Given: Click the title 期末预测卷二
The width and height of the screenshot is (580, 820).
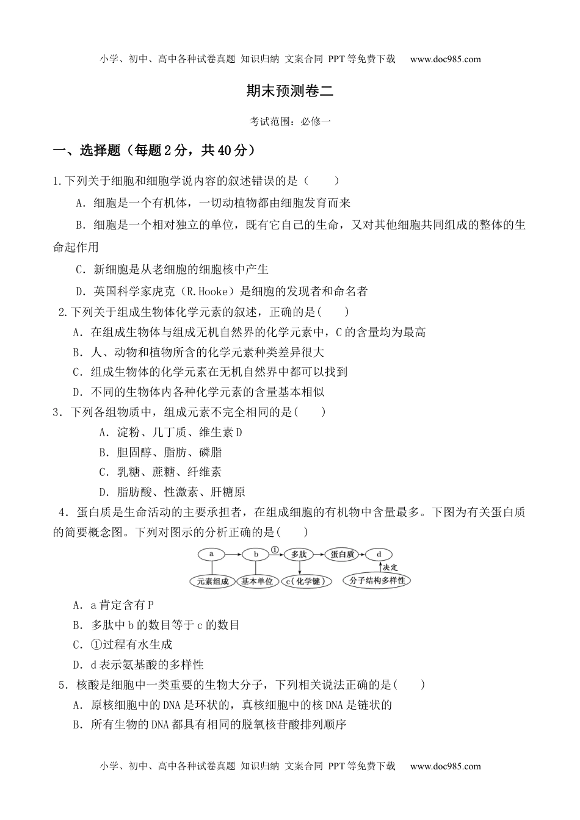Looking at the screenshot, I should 290,92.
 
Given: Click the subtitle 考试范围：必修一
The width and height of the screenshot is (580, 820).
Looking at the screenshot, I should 290,121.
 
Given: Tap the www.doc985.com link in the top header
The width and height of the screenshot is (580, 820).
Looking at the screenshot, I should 445,59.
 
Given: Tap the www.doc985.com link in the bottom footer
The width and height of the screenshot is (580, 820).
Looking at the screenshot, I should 445,766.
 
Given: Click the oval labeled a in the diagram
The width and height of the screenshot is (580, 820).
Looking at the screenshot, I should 211,555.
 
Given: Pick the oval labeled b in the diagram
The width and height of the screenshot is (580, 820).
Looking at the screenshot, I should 256,555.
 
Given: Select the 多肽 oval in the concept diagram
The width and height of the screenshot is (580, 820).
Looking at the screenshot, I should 299,555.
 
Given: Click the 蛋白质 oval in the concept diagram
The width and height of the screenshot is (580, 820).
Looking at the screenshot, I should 343,555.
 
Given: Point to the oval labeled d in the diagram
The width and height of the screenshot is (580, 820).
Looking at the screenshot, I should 379,555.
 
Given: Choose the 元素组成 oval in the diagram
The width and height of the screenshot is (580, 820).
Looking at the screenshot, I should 212,581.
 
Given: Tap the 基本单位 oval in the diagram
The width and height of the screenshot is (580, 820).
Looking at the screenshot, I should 257,581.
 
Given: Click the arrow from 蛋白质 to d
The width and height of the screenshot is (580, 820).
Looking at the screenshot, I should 361,555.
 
